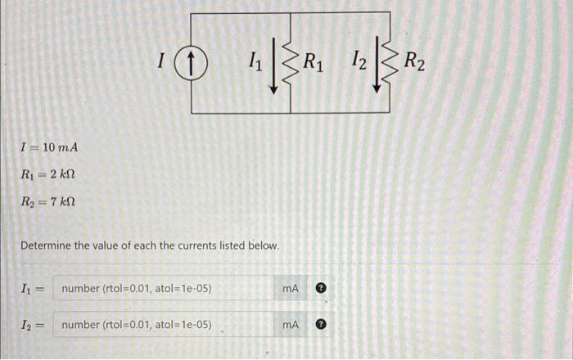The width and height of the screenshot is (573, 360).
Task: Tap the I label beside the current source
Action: (x=163, y=61)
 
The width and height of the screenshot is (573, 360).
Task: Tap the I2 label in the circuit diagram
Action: (x=358, y=60)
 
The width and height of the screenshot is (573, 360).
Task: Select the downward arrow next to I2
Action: (x=377, y=62)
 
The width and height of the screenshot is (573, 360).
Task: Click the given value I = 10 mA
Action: (x=49, y=147)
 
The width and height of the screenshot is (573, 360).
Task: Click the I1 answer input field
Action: (x=164, y=288)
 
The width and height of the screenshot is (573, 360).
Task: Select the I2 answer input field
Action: (x=164, y=325)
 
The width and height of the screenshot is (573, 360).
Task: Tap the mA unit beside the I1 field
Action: (x=291, y=288)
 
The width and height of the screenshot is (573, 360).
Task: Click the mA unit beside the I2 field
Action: (x=291, y=325)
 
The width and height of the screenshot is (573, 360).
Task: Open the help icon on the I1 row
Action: (x=322, y=288)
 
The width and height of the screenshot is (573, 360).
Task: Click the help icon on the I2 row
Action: (x=322, y=325)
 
